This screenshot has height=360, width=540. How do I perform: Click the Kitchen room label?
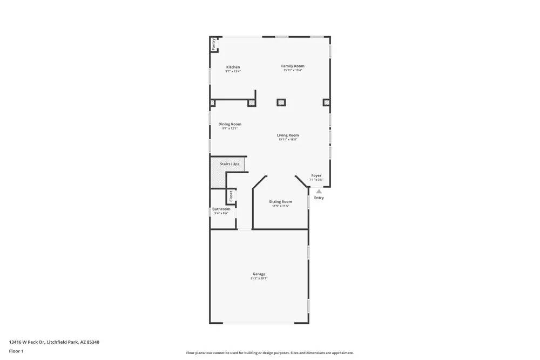(x=233, y=67)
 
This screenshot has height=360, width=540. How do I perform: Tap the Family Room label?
(x=293, y=66)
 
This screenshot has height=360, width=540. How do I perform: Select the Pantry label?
(x=214, y=44)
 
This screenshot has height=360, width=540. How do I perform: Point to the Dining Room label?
(x=230, y=124)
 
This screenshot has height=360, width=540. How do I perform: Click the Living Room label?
(x=288, y=135)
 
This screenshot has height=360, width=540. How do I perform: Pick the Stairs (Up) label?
(x=229, y=164)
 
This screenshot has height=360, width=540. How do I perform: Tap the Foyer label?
(x=316, y=175)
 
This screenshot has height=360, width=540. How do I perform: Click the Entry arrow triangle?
(x=319, y=191)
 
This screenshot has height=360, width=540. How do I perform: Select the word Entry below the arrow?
(x=319, y=198)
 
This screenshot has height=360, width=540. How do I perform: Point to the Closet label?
(x=231, y=196)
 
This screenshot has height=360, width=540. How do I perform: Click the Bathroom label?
(x=221, y=209)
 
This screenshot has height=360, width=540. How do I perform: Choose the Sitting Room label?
(x=280, y=202)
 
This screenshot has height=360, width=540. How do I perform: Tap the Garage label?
(x=259, y=274)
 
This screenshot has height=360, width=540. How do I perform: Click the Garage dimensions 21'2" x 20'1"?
(x=259, y=279)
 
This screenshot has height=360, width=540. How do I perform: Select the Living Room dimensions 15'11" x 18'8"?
(x=288, y=140)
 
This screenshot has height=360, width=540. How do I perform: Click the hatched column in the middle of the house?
(x=281, y=102)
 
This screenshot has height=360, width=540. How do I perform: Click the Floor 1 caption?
(x=16, y=351)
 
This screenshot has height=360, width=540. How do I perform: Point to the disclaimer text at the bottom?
(x=270, y=353)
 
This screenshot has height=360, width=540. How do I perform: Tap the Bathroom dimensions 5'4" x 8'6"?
(x=221, y=213)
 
